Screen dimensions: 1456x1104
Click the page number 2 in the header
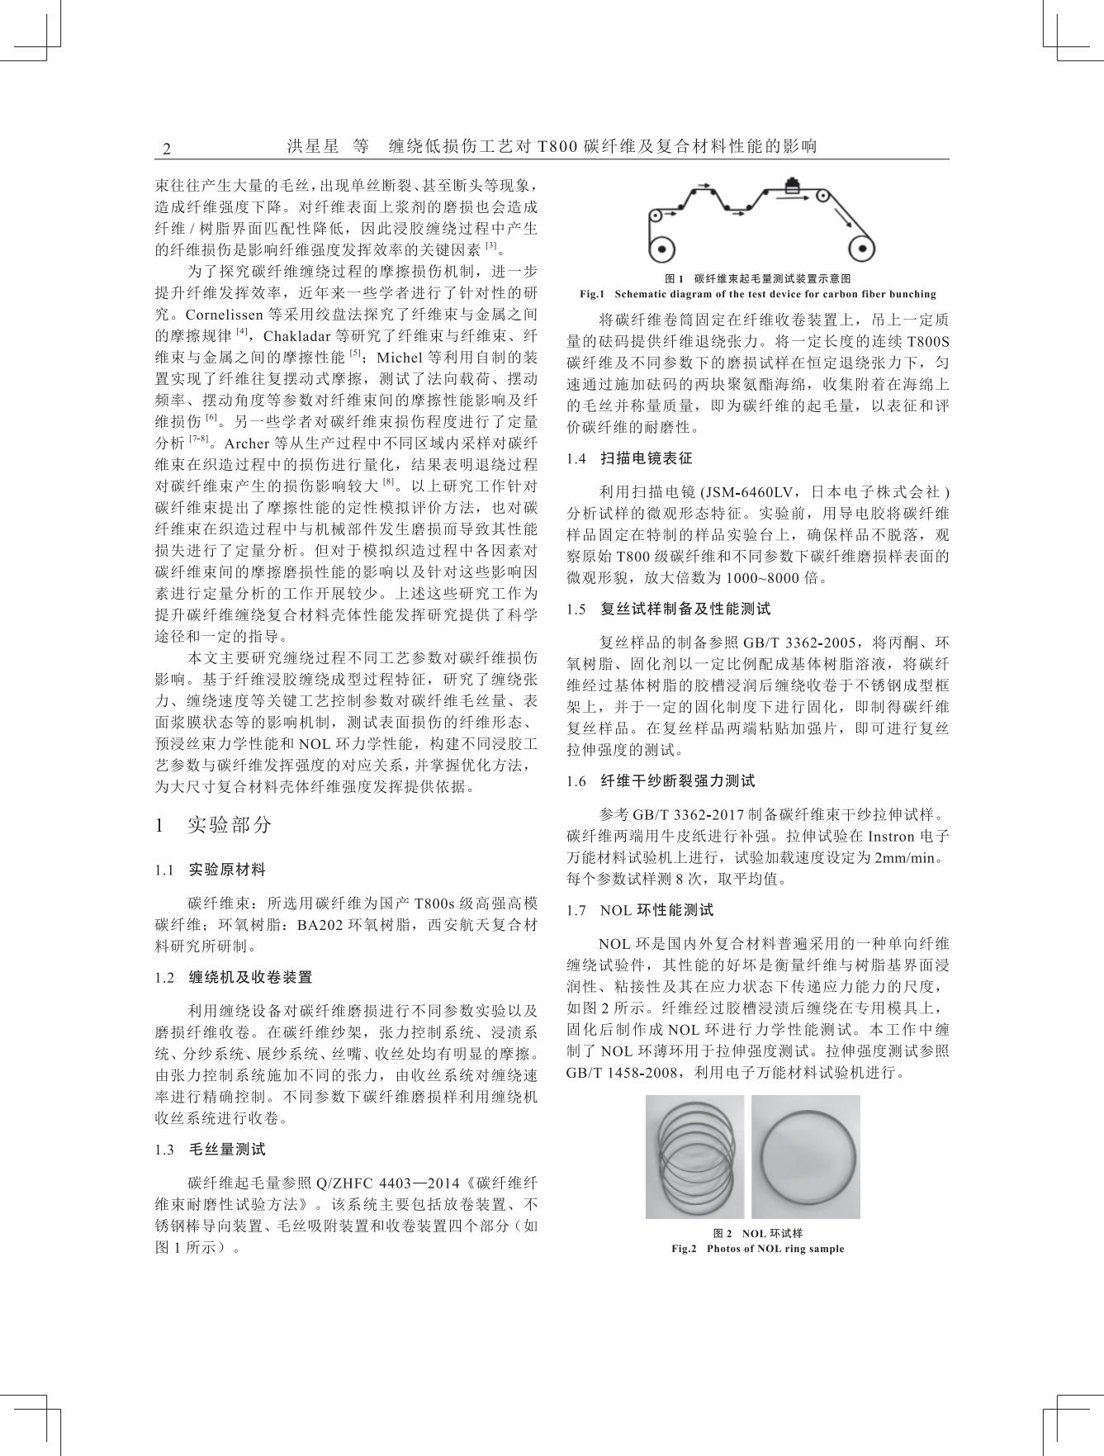(x=167, y=149)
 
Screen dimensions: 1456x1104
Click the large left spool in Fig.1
(x=661, y=249)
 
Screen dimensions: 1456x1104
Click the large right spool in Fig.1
(x=862, y=249)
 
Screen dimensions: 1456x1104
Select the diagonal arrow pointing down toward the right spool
(x=845, y=216)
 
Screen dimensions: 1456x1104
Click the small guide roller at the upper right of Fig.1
(x=822, y=197)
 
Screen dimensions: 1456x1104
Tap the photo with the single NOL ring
(x=805, y=1156)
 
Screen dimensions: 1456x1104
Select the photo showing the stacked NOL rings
(x=694, y=1156)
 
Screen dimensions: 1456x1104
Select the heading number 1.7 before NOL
(x=576, y=910)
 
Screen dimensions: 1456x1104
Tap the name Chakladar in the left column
(x=295, y=336)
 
